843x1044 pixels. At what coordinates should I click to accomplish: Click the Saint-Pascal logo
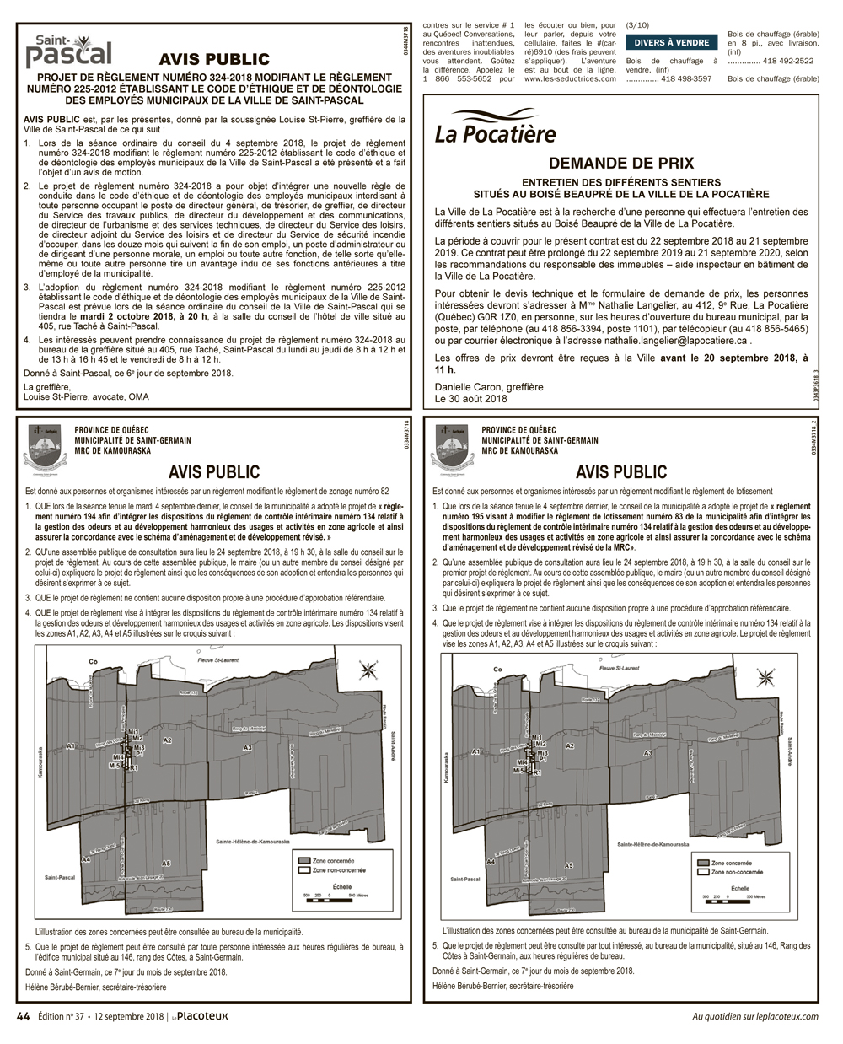(69, 51)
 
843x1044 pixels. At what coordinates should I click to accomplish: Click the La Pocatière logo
(495, 128)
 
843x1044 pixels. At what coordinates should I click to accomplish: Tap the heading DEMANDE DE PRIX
(620, 164)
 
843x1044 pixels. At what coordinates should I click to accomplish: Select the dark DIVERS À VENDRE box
(671, 43)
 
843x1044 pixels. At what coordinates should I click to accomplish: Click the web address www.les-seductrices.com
(570, 78)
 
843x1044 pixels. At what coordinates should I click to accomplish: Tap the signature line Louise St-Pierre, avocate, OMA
(86, 396)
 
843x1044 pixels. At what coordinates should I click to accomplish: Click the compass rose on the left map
(368, 671)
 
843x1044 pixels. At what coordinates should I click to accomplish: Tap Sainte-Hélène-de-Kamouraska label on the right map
(652, 844)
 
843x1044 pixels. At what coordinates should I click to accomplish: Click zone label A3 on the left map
(247, 747)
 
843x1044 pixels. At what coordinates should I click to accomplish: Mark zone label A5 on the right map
(569, 865)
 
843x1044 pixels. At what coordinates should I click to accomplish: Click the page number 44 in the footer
(24, 1016)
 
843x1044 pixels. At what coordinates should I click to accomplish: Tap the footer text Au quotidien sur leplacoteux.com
(754, 1016)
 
